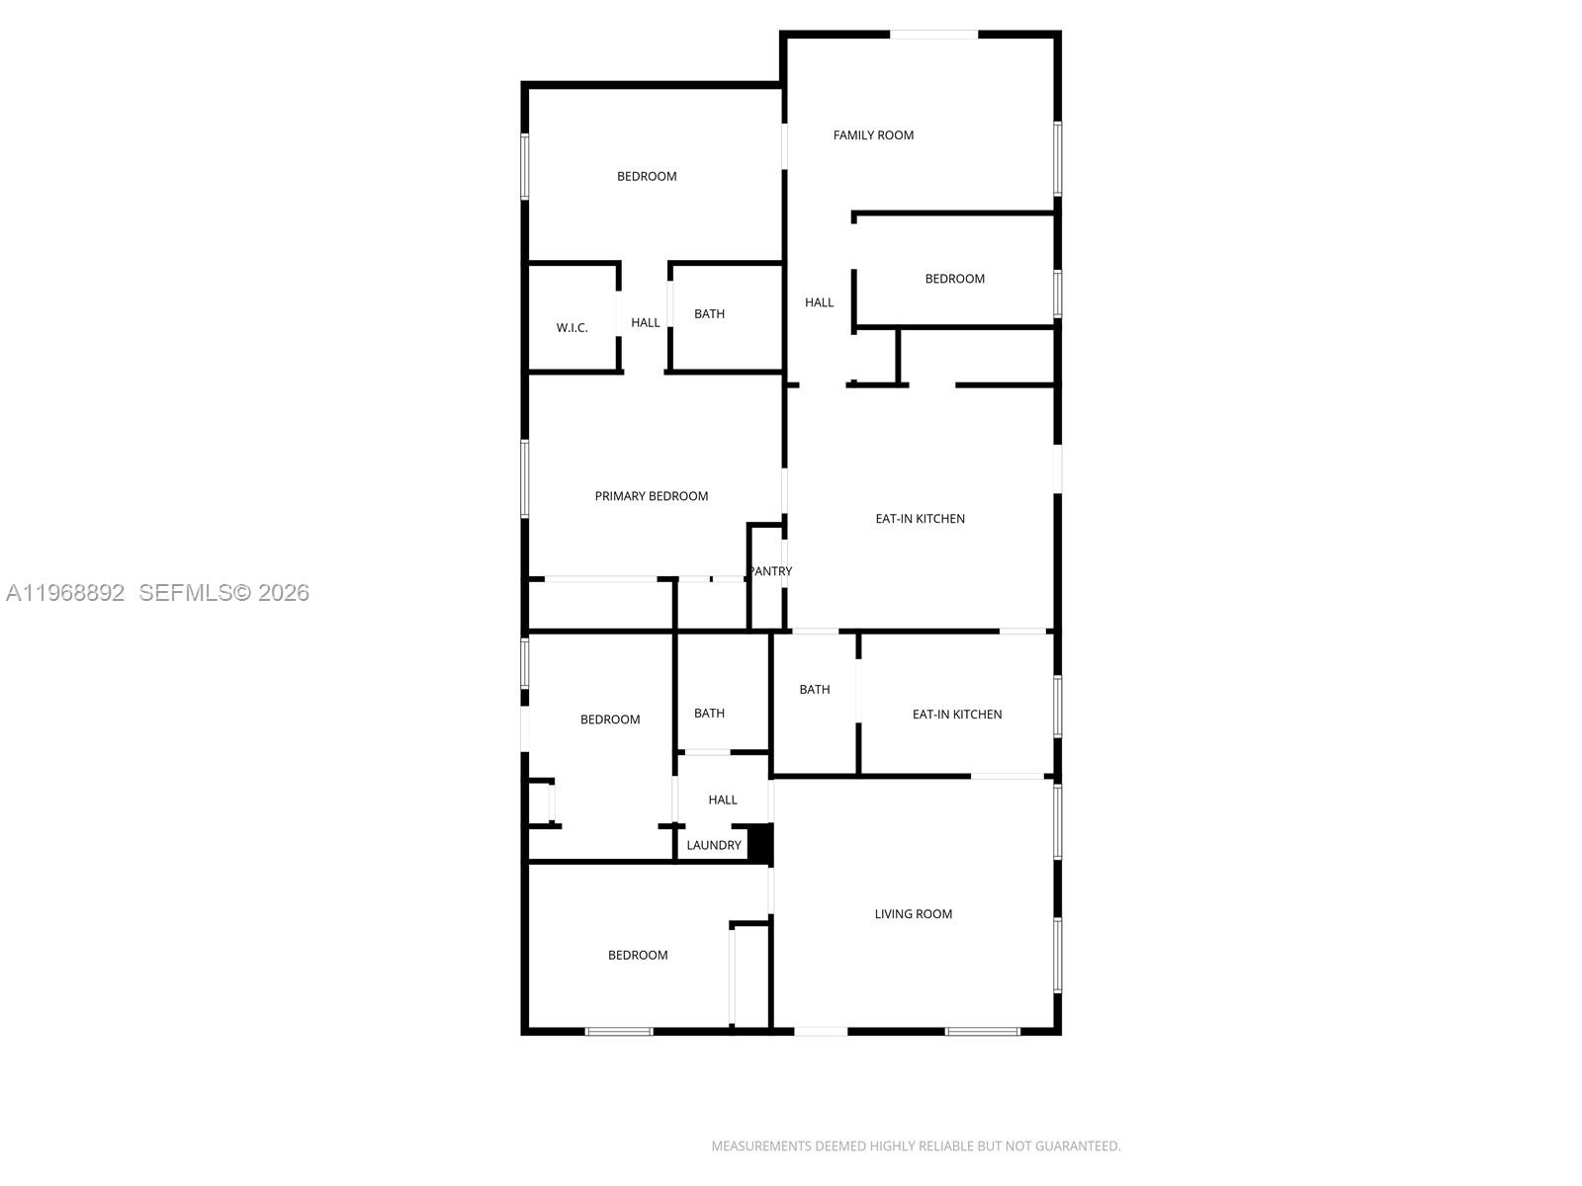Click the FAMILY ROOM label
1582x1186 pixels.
(873, 135)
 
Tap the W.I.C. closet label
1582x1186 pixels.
(571, 328)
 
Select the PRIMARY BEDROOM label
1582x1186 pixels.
(651, 496)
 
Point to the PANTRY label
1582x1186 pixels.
(770, 571)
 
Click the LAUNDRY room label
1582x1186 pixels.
(713, 845)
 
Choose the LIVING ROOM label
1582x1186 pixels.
(913, 914)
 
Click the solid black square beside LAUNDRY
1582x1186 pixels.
(759, 843)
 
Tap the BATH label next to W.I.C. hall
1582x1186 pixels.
(709, 314)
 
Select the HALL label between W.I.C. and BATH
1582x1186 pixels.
(645, 323)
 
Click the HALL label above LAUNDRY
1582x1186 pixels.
(722, 800)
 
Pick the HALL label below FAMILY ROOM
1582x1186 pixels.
(819, 302)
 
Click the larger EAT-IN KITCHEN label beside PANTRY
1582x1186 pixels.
(920, 519)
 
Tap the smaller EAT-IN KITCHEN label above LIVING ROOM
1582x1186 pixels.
(956, 715)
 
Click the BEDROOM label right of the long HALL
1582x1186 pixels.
(954, 279)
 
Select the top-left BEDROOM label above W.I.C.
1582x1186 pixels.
(647, 177)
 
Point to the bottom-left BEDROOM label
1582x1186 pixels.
(638, 955)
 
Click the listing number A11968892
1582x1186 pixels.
(65, 593)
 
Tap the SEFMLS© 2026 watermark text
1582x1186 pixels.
(223, 593)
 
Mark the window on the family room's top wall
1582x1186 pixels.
(933, 35)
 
